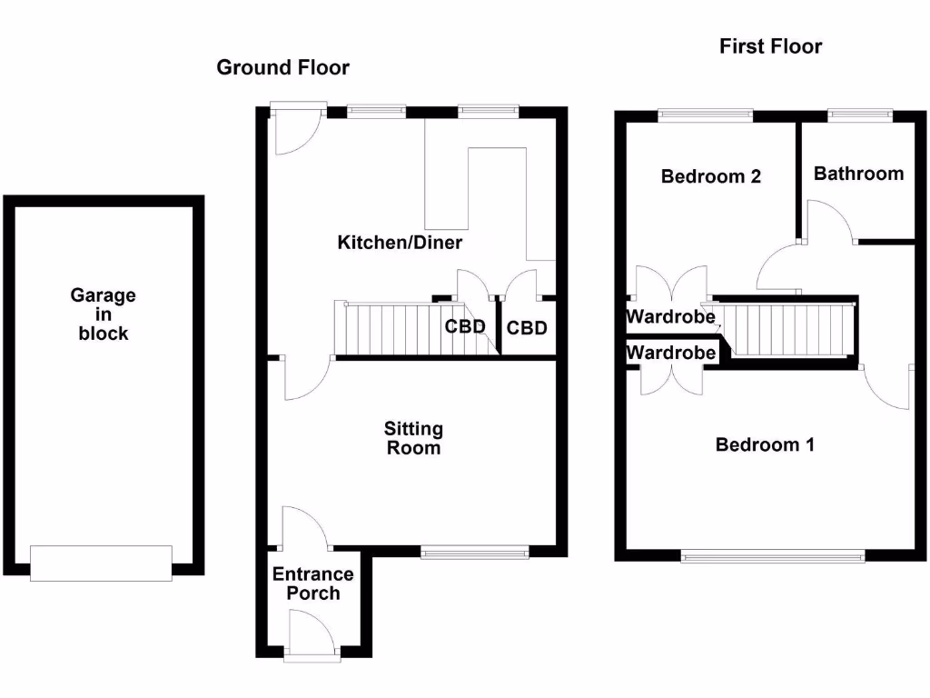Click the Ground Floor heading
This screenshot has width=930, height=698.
click(x=282, y=67)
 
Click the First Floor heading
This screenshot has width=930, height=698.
click(x=770, y=46)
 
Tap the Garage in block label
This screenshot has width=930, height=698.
click(x=104, y=314)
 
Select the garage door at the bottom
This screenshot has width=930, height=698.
click(x=101, y=563)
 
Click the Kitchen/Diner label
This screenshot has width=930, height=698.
click(x=400, y=243)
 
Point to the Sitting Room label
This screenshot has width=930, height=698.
click(x=413, y=437)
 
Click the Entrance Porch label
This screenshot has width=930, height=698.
click(x=313, y=583)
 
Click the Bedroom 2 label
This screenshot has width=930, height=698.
click(x=710, y=176)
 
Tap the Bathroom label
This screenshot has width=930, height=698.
click(x=858, y=173)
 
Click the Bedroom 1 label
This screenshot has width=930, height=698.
click(x=765, y=444)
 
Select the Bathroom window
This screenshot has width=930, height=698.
click(x=859, y=115)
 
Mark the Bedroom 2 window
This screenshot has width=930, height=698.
click(x=706, y=115)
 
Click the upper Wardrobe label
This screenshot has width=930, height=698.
click(x=670, y=317)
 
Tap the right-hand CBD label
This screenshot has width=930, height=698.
click(x=527, y=327)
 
